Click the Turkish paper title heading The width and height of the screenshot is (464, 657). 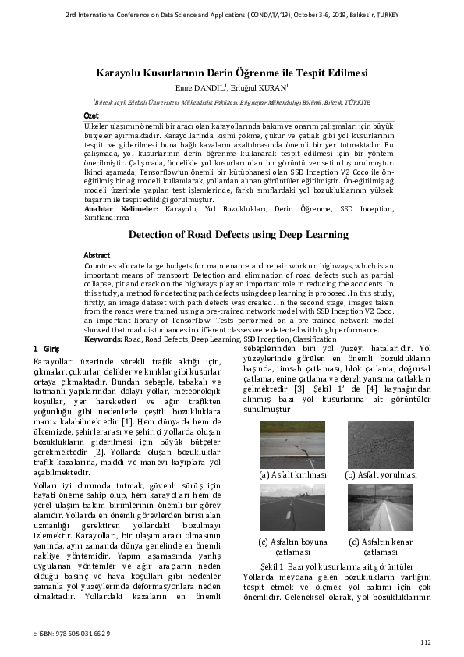pos(232,73)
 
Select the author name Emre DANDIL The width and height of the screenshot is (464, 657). pos(203,87)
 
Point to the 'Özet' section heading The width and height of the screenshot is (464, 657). pos(91,115)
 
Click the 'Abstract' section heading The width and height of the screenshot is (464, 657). pos(97,255)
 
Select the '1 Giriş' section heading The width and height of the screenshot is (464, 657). pos(48,347)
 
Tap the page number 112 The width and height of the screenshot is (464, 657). pos(424,641)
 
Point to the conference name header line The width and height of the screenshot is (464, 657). pos(232,15)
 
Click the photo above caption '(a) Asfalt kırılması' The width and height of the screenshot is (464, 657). pos(292,445)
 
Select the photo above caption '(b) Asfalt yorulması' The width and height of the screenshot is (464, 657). pos(381,445)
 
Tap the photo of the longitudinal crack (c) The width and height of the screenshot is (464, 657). pos(292,507)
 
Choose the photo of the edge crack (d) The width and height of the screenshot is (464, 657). pos(381,507)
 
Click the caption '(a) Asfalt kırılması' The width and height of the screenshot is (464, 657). pos(292,474)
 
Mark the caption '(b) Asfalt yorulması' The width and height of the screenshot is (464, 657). pos(381,474)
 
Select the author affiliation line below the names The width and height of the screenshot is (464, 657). pos(232,101)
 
